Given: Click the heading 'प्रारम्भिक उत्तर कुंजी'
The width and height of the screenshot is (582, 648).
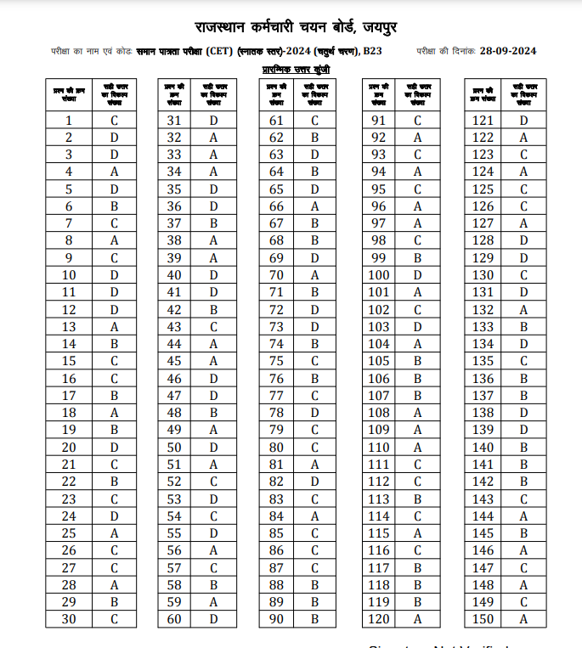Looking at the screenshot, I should coord(296,69).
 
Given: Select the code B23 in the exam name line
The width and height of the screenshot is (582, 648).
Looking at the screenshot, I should coord(373,51).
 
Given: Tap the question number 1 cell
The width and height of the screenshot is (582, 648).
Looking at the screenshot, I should coord(69,120).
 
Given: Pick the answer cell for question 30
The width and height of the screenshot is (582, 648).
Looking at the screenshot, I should coord(114,619).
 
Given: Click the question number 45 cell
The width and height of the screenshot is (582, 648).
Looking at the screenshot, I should coord(174,362).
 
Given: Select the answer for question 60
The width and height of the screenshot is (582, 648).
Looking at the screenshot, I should coord(214,619).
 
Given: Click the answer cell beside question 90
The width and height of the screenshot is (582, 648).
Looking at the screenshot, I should coord(314,619).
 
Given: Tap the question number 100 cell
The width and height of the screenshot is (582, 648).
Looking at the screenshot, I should coord(378,275).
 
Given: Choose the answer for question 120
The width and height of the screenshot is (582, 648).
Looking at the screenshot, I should coord(417,619).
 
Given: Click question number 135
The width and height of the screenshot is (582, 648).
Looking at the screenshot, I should coord(483,362).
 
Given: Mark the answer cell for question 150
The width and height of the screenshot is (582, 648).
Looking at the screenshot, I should coord(523,619).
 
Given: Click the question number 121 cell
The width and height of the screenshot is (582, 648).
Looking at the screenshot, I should coord(483,120).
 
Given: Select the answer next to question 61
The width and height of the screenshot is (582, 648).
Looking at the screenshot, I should coord(314,120).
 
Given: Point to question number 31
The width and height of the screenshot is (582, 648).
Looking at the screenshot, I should coord(174,120).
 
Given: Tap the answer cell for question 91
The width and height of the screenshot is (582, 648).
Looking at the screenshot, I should coord(417,120).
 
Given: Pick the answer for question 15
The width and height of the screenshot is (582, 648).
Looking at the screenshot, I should coord(114,362).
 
